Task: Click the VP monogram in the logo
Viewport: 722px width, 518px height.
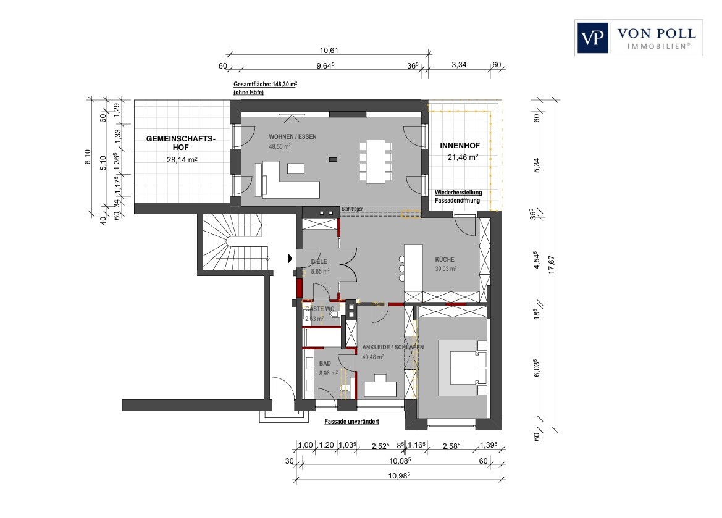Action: pyautogui.click(x=593, y=38)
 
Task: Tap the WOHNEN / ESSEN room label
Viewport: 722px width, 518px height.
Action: pyautogui.click(x=292, y=136)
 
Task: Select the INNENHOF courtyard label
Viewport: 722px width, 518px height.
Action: pyautogui.click(x=460, y=146)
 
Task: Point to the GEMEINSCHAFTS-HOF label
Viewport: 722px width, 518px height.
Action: pyautogui.click(x=180, y=143)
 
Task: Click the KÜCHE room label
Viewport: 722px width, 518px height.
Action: pyautogui.click(x=444, y=260)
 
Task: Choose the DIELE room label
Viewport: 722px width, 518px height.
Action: pyautogui.click(x=319, y=261)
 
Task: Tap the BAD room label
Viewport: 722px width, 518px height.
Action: pyautogui.click(x=325, y=363)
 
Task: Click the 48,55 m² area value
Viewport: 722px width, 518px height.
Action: pyautogui.click(x=280, y=146)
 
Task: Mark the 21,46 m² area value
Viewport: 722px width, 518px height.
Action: pyautogui.click(x=463, y=157)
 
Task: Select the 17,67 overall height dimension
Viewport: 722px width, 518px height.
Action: pyautogui.click(x=552, y=265)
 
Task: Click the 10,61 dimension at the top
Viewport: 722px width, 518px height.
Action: pyautogui.click(x=329, y=51)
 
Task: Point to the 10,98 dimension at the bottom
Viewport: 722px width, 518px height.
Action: pyautogui.click(x=399, y=475)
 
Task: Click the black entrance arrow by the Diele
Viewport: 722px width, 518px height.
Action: pyautogui.click(x=290, y=258)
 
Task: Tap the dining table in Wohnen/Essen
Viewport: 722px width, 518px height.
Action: pyautogui.click(x=376, y=162)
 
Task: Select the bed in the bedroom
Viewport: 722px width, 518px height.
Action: pyautogui.click(x=463, y=368)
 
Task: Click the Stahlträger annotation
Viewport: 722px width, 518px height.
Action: pyautogui.click(x=352, y=209)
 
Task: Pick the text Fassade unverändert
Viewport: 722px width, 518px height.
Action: pyautogui.click(x=352, y=421)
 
